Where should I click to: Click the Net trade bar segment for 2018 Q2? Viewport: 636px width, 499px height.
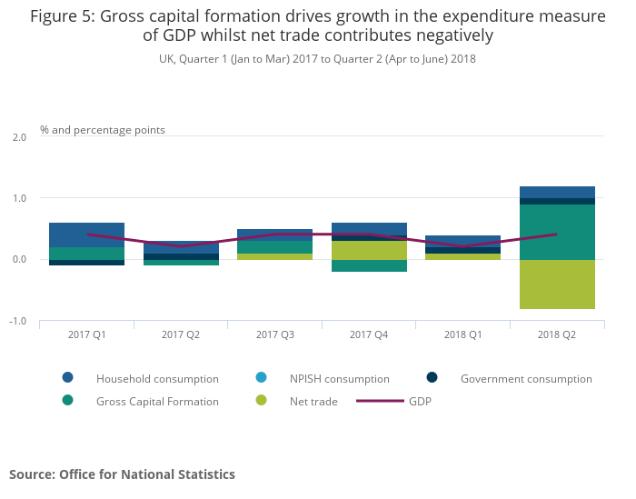[557, 284]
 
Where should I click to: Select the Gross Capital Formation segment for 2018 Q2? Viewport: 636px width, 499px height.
[557, 232]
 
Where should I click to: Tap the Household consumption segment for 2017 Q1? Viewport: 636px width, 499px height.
[86, 235]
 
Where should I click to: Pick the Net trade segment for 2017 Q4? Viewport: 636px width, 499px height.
[368, 250]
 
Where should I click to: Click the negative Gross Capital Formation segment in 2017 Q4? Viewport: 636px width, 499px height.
[368, 265]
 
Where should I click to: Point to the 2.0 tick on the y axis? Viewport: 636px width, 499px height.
[19, 136]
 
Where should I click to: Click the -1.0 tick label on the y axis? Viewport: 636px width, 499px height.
[17, 321]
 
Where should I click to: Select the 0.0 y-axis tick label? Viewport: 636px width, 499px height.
[19, 260]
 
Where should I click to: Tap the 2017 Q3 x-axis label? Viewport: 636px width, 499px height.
[274, 334]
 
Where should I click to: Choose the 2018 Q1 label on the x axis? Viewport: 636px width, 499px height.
[462, 334]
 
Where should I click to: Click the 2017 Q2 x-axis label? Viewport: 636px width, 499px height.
[181, 334]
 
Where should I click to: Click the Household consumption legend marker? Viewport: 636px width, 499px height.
[68, 378]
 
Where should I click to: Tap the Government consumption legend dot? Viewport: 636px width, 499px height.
[432, 378]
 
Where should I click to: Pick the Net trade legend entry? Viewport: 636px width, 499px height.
[312, 401]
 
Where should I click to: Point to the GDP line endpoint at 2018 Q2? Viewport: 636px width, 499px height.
[557, 235]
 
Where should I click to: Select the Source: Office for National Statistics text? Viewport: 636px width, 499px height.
[122, 474]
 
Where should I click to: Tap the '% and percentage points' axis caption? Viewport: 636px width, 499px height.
[103, 130]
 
